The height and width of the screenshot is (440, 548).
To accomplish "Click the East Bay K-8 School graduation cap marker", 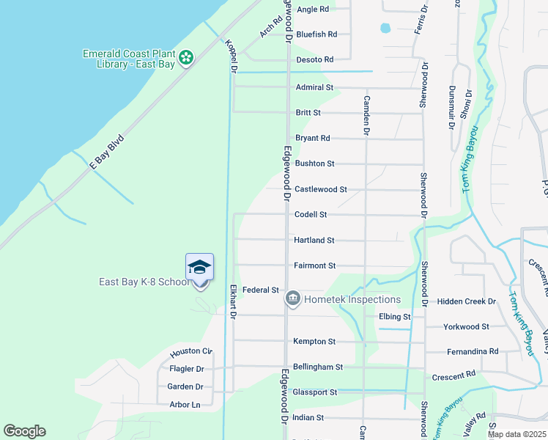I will [x=199, y=268].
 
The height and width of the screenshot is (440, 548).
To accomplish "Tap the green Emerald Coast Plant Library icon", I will [x=187, y=56].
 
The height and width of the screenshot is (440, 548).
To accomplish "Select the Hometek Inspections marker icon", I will [x=292, y=298].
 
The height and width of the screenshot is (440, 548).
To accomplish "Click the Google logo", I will [x=24, y=431].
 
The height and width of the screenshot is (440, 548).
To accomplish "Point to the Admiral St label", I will [x=314, y=87].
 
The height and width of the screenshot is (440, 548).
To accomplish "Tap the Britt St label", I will [x=308, y=113].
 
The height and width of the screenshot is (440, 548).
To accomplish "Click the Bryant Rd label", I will [x=313, y=138].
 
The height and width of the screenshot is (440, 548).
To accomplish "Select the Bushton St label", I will [x=314, y=164].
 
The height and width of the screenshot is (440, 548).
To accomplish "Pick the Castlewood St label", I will [x=320, y=189].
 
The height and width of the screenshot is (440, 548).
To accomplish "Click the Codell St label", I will [x=310, y=215].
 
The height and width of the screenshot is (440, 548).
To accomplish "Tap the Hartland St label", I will [x=314, y=240].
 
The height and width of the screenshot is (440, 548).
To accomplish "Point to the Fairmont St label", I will [x=314, y=265].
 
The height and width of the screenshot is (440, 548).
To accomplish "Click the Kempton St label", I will [x=314, y=342].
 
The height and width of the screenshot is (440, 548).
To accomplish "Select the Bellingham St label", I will [x=318, y=367].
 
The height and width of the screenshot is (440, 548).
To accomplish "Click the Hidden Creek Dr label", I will [x=466, y=301].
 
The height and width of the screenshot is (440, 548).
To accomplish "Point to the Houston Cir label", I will [x=190, y=352].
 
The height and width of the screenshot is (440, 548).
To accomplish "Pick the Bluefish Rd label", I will [x=316, y=34].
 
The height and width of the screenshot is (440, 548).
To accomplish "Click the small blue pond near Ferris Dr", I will [x=385, y=29].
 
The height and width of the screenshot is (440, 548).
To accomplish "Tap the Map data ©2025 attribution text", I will [x=516, y=434].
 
